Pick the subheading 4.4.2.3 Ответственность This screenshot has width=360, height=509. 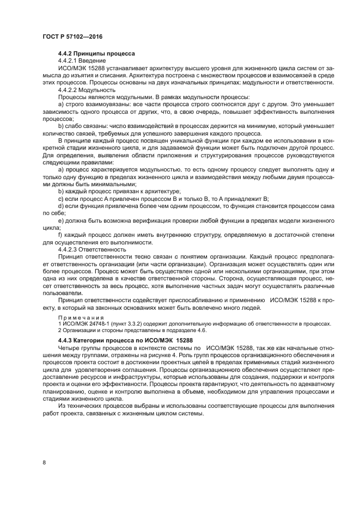91,249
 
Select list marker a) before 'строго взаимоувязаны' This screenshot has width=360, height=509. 61,103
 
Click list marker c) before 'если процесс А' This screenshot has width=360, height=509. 61,199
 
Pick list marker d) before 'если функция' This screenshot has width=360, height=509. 61,206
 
